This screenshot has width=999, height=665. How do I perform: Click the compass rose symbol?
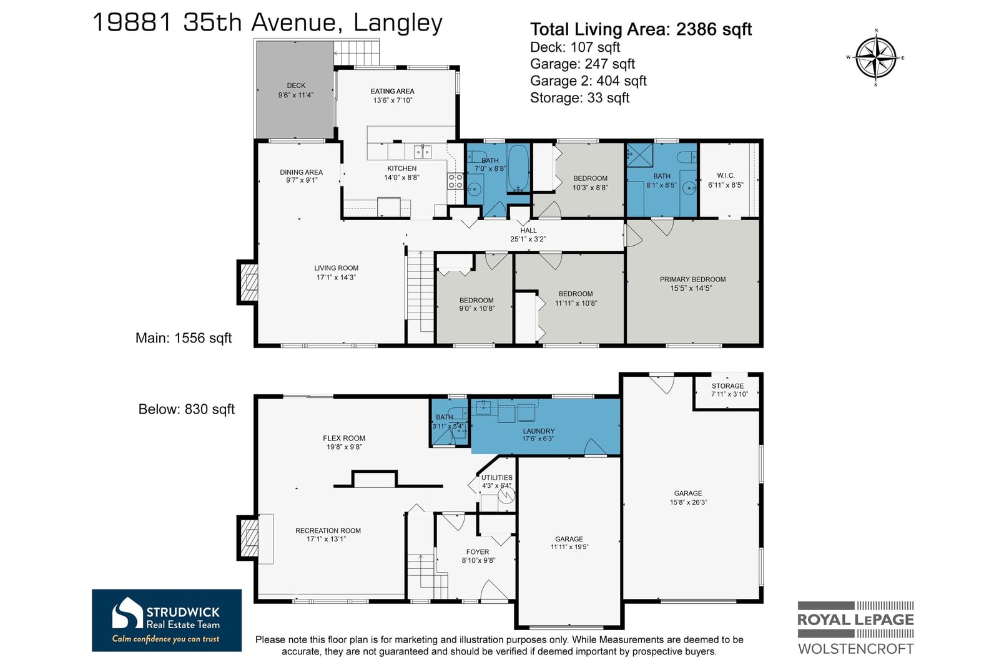[876, 58]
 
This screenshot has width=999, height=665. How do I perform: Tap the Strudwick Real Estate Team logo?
[167, 621]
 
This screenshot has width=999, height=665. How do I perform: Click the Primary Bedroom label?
[692, 279]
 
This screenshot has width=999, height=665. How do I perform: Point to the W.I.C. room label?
[726, 176]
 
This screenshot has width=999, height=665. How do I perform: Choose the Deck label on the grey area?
[296, 85]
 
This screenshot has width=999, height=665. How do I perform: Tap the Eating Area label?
[393, 91]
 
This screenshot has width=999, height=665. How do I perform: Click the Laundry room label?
[539, 431]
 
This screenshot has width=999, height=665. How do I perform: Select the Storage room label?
[727, 386]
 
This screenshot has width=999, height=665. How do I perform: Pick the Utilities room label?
[497, 478]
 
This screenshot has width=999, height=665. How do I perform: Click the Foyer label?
[478, 552]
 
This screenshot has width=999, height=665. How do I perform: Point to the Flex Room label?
[344, 438]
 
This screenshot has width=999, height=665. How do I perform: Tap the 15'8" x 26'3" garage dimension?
[688, 502]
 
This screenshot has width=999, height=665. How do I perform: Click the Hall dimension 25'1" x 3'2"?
[528, 239]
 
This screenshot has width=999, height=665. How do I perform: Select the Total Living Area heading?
[641, 29]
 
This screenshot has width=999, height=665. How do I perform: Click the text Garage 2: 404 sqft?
[588, 80]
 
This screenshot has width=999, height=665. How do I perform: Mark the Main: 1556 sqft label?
[184, 338]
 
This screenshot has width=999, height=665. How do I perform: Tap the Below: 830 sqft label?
[187, 409]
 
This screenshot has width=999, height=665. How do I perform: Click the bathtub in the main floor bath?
[518, 168]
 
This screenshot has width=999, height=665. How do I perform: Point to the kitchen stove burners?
[455, 181]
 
